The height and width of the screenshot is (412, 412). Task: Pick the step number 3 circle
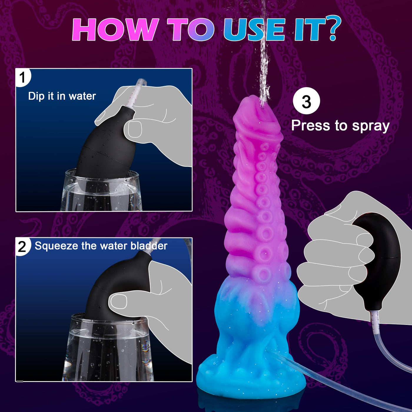pos(306,102)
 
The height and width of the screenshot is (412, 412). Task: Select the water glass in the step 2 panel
pos(107,350)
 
